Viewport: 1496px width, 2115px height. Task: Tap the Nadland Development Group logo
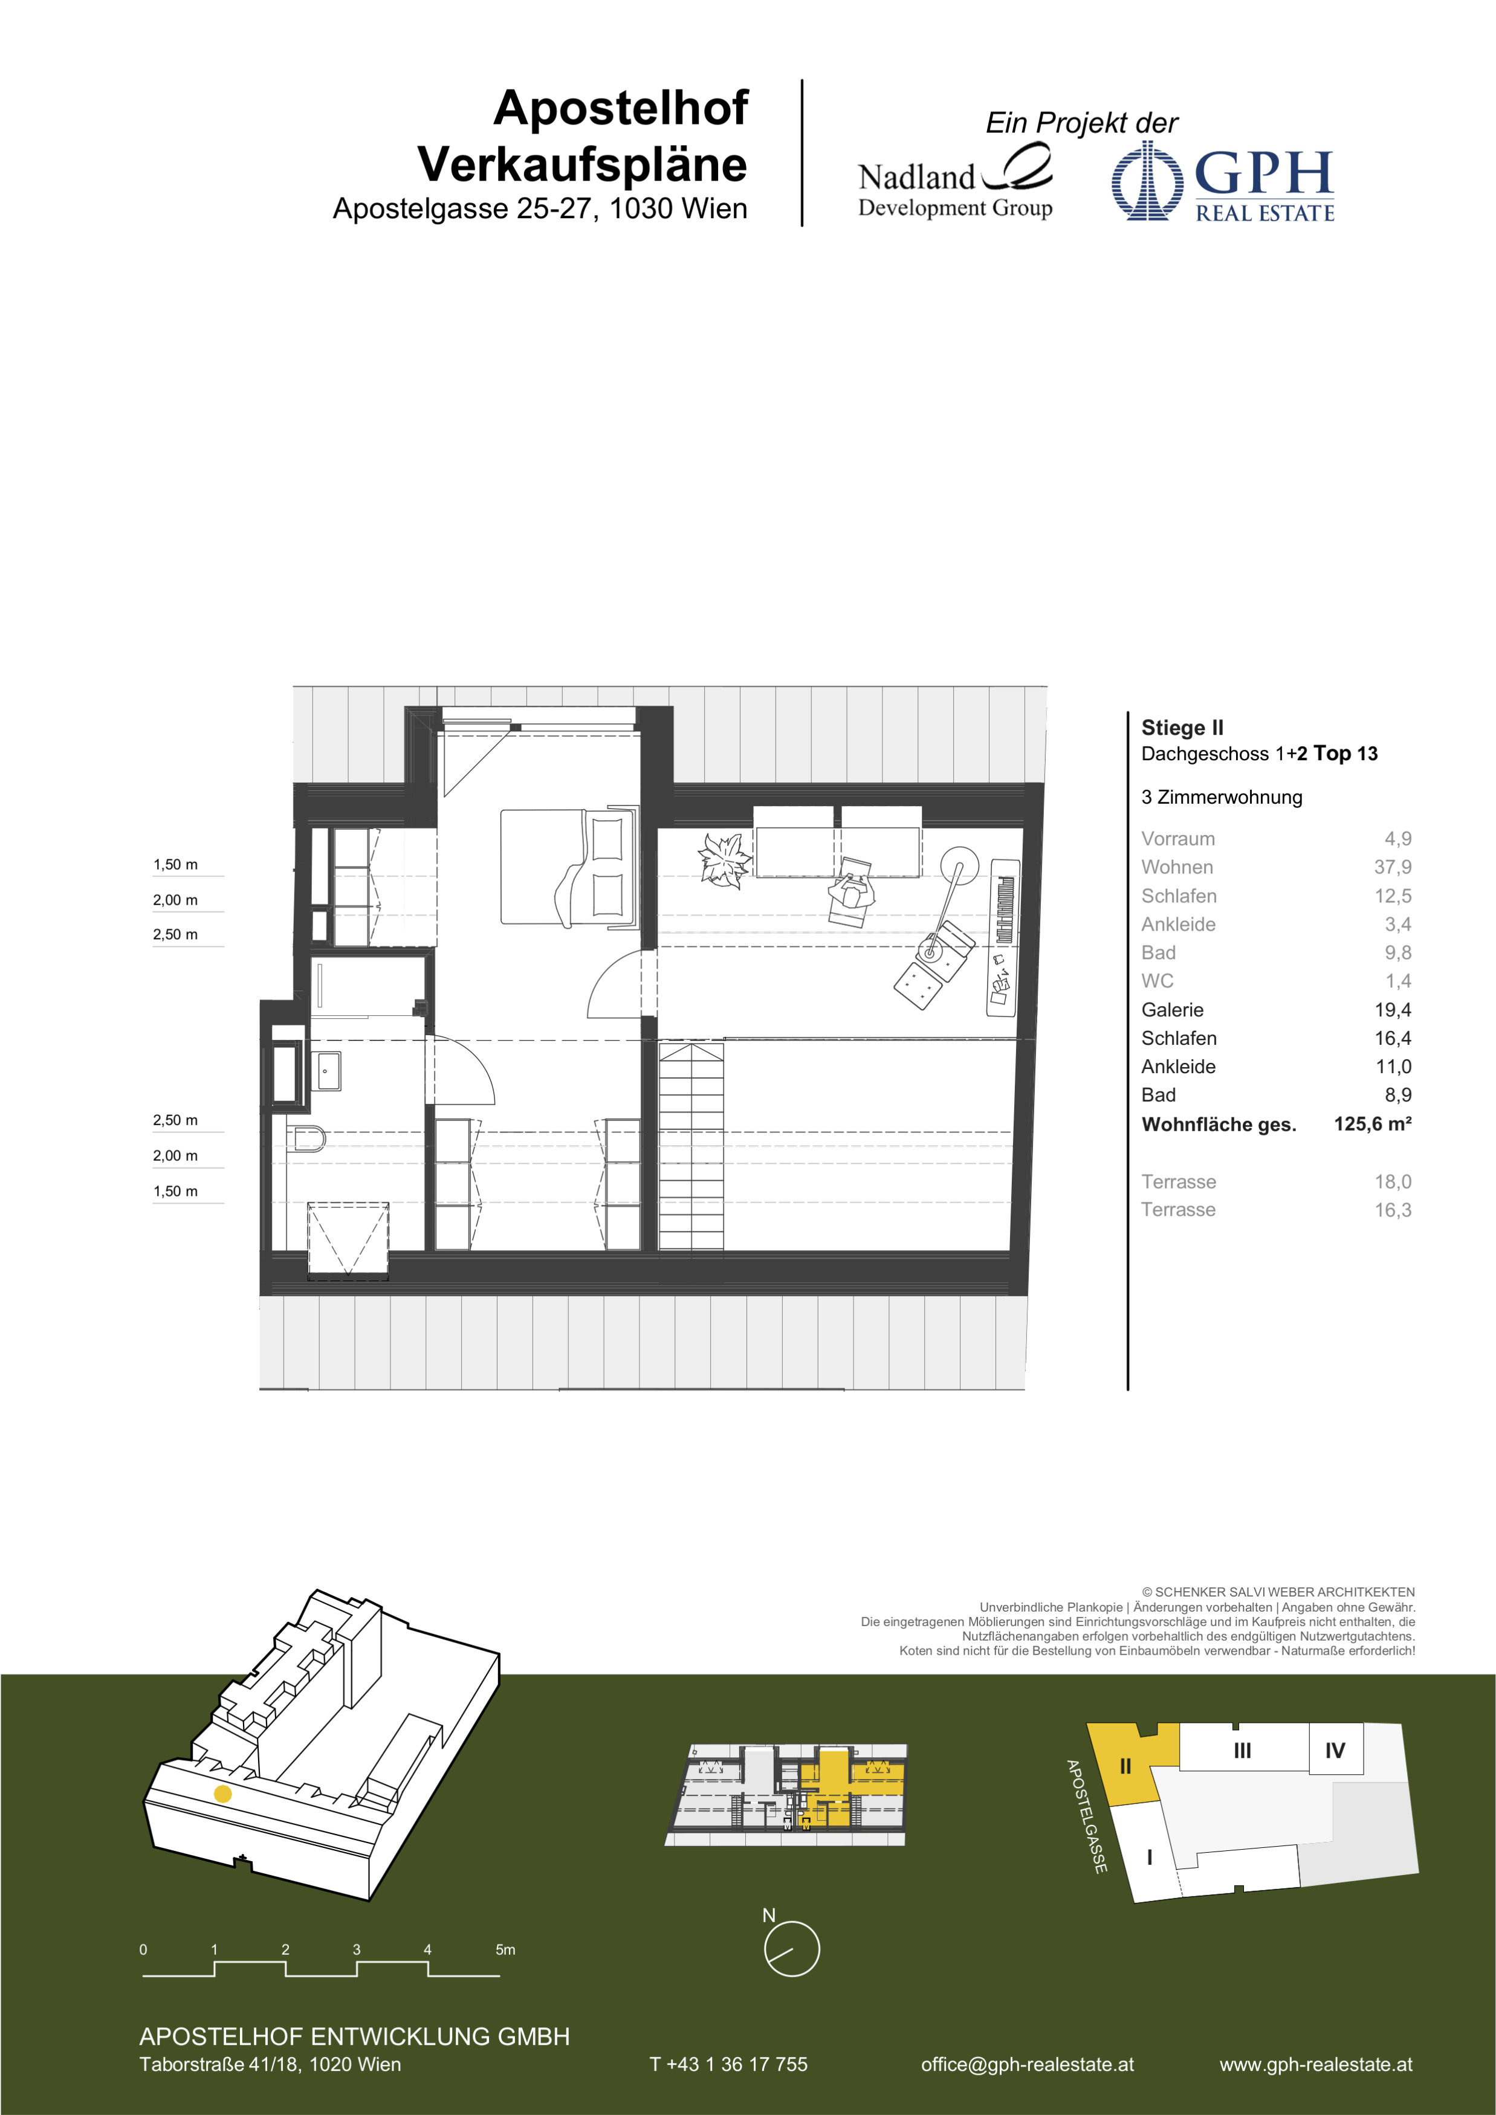coord(955,182)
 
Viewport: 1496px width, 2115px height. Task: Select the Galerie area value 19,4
coord(1392,1010)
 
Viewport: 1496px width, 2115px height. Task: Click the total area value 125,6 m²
coord(1373,1124)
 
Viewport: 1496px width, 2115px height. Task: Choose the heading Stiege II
coord(1182,728)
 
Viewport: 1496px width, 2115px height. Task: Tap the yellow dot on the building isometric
coord(222,1794)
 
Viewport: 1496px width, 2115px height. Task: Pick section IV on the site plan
coord(1335,1750)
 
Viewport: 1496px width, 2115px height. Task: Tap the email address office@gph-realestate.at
coord(1027,2064)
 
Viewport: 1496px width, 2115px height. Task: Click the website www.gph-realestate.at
coord(1315,2064)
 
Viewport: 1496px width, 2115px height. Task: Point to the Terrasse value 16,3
coord(1393,1210)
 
